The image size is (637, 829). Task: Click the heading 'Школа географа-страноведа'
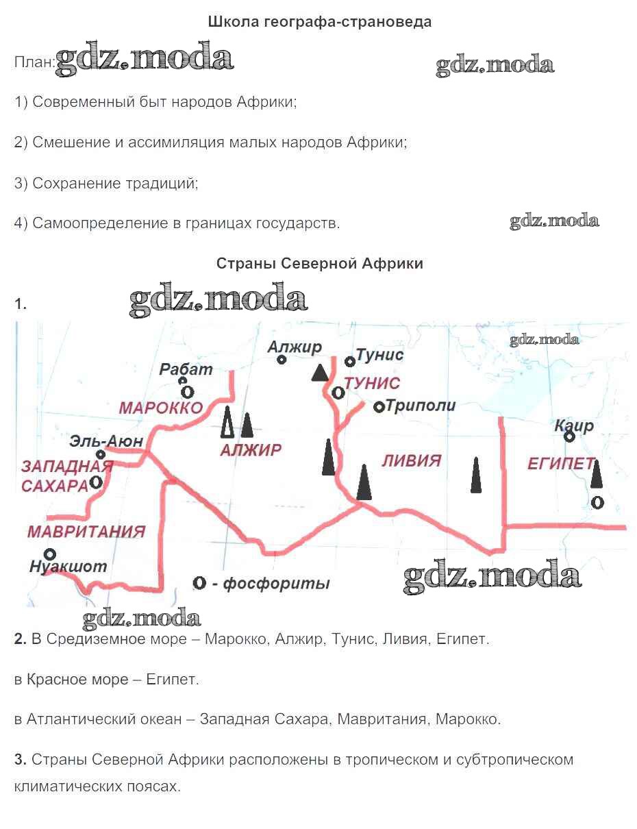click(x=319, y=22)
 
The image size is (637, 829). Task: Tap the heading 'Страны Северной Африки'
click(x=319, y=264)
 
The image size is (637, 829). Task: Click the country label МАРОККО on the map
click(x=161, y=408)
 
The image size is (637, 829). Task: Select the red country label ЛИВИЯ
click(x=412, y=461)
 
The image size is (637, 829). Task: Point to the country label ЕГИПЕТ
click(x=561, y=464)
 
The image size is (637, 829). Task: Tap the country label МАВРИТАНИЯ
click(x=86, y=532)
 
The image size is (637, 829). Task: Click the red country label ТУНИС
click(x=373, y=383)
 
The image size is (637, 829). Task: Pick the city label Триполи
click(x=421, y=405)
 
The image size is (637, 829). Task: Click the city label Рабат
click(x=186, y=369)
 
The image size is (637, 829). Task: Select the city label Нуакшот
click(x=68, y=567)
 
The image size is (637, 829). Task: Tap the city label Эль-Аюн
click(x=106, y=441)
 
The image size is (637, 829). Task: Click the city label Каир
click(x=574, y=425)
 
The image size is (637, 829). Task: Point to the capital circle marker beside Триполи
click(x=379, y=407)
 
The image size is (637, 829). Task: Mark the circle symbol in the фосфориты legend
click(x=199, y=582)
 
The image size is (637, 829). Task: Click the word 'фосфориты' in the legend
click(x=277, y=584)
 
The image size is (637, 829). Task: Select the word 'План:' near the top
click(x=35, y=62)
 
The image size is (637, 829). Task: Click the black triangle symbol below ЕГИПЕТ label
click(x=596, y=474)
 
